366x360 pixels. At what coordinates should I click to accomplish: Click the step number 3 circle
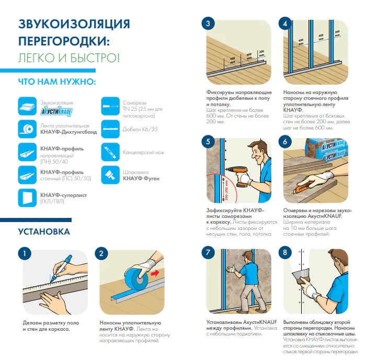208,24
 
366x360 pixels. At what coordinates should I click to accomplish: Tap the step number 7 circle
208,252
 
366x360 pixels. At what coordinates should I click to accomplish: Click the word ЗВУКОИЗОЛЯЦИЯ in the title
74,24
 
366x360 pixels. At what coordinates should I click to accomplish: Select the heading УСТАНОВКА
44,231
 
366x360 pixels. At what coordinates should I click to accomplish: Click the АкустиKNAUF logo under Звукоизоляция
56,111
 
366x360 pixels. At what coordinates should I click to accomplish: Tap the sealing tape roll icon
27,129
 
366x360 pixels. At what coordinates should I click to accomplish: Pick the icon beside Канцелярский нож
110,152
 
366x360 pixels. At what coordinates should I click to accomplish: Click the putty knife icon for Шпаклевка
110,175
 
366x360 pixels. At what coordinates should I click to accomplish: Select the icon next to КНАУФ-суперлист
27,198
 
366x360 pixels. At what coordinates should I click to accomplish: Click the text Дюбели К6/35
140,129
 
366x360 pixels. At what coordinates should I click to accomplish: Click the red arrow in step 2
155,273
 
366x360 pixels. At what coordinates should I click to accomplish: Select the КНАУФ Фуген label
141,179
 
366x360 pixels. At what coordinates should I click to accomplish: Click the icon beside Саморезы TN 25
110,106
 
